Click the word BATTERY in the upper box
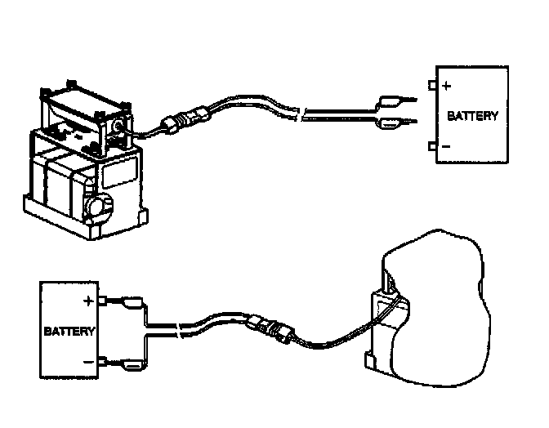pos(473,116)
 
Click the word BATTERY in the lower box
pos(69,332)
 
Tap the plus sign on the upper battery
pos(447,85)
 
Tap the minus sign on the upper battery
pos(447,146)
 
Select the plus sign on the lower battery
pos(87,300)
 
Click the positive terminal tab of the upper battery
pos(431,83)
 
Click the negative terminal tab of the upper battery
pos(431,146)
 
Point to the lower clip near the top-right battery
pos(391,123)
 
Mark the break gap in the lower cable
pos(176,328)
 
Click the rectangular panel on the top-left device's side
pos(116,175)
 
